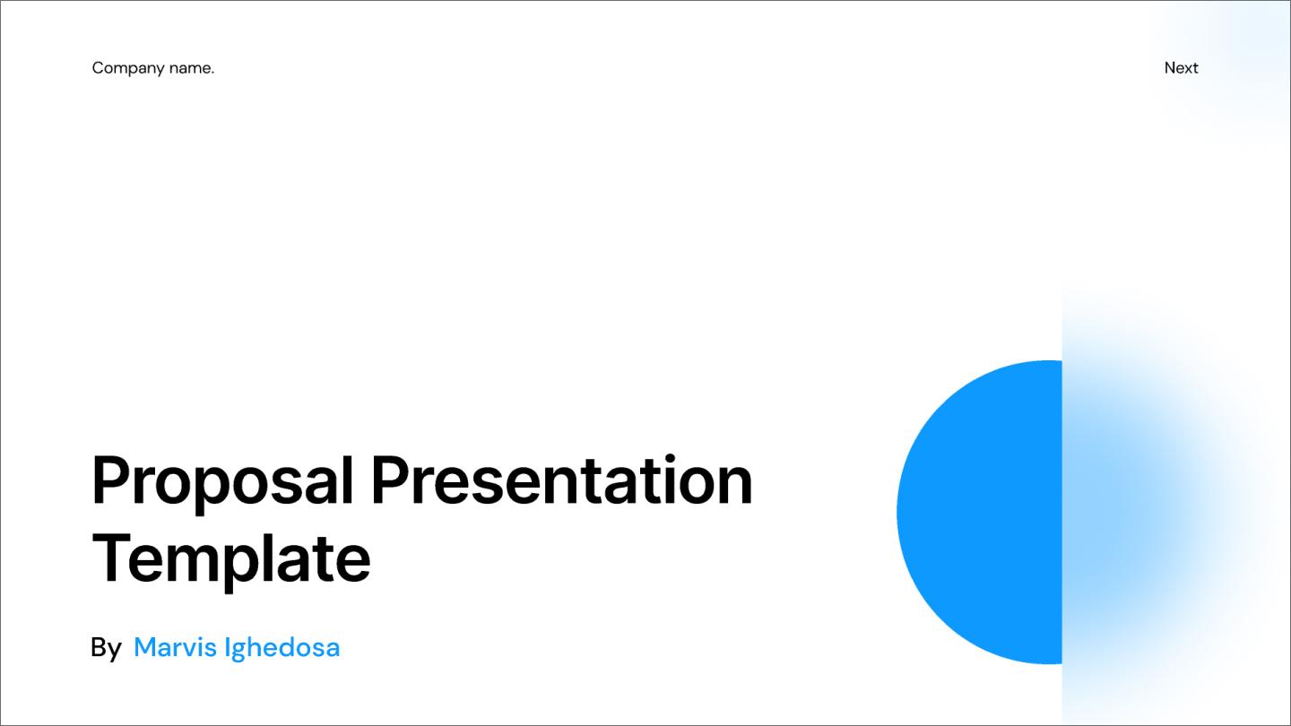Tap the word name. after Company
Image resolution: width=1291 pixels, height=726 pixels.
tap(188, 68)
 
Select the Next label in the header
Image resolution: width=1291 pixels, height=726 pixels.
tap(1181, 68)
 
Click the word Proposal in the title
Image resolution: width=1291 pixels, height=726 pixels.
tap(223, 482)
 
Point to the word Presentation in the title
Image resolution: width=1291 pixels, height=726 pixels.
tap(561, 480)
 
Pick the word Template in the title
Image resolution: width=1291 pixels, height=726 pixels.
tap(231, 557)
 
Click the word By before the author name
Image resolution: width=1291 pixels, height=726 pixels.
tap(106, 647)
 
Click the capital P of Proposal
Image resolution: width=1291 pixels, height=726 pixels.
tap(108, 480)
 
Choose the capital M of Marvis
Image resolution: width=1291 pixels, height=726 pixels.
tap(145, 647)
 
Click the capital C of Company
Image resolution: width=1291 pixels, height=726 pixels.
tap(97, 68)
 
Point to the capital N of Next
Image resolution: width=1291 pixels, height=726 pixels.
tap(1170, 68)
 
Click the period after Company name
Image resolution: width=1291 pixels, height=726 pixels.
tap(212, 72)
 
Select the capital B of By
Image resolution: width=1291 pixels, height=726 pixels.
tap(99, 647)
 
